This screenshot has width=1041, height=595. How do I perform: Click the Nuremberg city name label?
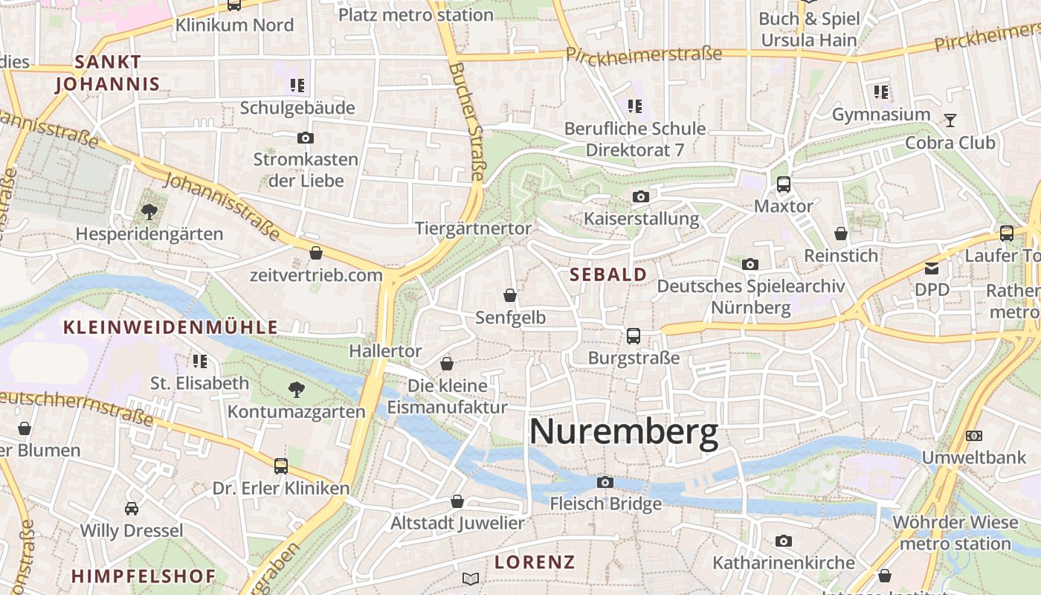pyautogui.click(x=624, y=432)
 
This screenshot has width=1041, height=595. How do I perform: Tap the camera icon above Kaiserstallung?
pyautogui.click(x=640, y=197)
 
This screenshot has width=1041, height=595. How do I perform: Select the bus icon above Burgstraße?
pyautogui.click(x=633, y=336)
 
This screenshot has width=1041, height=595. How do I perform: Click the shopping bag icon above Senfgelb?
pyautogui.click(x=510, y=296)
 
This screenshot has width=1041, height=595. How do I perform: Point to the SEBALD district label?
pyautogui.click(x=608, y=274)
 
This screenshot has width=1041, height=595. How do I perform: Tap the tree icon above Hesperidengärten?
pyautogui.click(x=149, y=212)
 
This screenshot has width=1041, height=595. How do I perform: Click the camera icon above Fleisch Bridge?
pyautogui.click(x=605, y=483)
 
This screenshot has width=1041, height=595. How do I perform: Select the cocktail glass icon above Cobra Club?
pyautogui.click(x=950, y=120)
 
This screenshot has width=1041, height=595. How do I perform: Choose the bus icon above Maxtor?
pyautogui.click(x=783, y=184)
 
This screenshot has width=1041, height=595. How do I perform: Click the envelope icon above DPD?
pyautogui.click(x=932, y=268)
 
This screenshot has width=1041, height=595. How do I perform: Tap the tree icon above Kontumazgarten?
pyautogui.click(x=296, y=389)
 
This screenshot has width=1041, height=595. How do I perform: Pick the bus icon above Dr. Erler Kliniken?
pyautogui.click(x=280, y=466)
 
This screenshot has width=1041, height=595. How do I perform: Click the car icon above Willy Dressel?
pyautogui.click(x=132, y=509)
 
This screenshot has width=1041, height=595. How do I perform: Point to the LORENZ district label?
pyautogui.click(x=535, y=562)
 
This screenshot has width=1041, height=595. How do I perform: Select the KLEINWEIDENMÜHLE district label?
pyautogui.click(x=171, y=327)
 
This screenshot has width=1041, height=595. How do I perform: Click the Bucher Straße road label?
pyautogui.click(x=466, y=121)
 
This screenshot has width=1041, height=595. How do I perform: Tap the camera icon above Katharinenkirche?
pyautogui.click(x=783, y=541)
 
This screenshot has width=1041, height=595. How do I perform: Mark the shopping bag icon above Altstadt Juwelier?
pyautogui.click(x=457, y=502)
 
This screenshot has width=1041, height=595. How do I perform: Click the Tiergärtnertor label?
pyautogui.click(x=473, y=228)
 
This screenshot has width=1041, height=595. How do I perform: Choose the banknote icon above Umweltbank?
pyautogui.click(x=973, y=435)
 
